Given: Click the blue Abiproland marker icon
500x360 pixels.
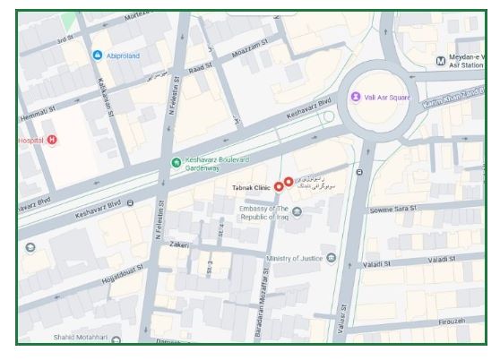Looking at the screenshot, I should pyautogui.click(x=98, y=56).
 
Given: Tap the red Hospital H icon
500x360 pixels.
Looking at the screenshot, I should pyautogui.click(x=52, y=140).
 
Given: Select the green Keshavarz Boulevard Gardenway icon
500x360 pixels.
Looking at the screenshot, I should pyautogui.click(x=176, y=162).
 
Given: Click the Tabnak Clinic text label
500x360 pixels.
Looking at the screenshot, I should pyautogui.click(x=252, y=187).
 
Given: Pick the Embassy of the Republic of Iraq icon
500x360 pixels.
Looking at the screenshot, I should pyautogui.click(x=297, y=211).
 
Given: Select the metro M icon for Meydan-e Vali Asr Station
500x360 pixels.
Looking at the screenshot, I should pyautogui.click(x=439, y=61).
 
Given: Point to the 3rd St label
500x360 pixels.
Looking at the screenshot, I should pyautogui.click(x=64, y=40).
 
